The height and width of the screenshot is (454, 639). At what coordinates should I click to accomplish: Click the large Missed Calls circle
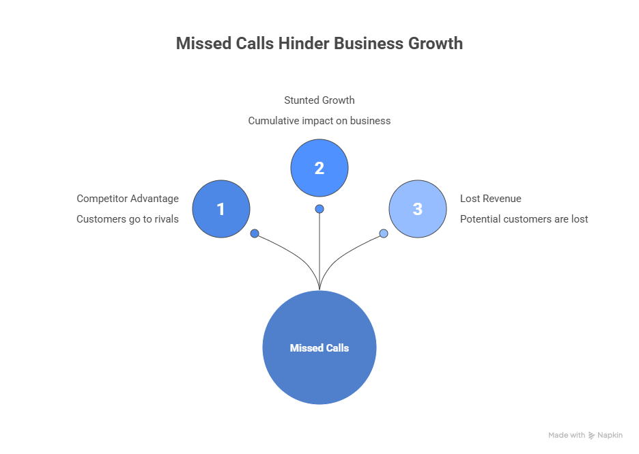pyautogui.click(x=319, y=347)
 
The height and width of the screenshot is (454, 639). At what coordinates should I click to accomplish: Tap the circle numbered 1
pyautogui.click(x=221, y=209)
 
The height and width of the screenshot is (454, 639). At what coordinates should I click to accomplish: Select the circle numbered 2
pyautogui.click(x=319, y=168)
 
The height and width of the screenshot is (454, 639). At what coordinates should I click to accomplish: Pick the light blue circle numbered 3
pyautogui.click(x=418, y=209)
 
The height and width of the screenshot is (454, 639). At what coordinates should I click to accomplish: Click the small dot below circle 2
pyautogui.click(x=319, y=209)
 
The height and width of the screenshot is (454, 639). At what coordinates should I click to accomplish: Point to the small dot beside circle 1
pyautogui.click(x=255, y=233)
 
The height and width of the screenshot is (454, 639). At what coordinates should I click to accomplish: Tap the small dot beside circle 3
pyautogui.click(x=384, y=233)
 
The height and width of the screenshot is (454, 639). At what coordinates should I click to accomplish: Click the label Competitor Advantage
pyautogui.click(x=128, y=199)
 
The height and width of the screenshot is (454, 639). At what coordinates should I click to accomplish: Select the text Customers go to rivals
pyautogui.click(x=128, y=219)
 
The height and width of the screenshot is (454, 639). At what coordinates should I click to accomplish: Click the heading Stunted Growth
pyautogui.click(x=319, y=100)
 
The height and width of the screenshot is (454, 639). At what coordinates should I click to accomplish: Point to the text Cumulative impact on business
pyautogui.click(x=319, y=120)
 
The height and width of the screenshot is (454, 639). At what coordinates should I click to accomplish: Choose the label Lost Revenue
pyautogui.click(x=490, y=199)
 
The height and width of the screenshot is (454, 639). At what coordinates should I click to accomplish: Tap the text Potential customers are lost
pyautogui.click(x=524, y=219)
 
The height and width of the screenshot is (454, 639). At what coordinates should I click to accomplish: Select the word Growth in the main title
pyautogui.click(x=436, y=43)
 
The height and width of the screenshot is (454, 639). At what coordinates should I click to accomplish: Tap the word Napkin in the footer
pyautogui.click(x=610, y=435)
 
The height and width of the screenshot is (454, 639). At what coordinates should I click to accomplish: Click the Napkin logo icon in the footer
pyautogui.click(x=591, y=435)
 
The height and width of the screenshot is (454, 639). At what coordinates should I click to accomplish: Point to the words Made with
pyautogui.click(x=567, y=435)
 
